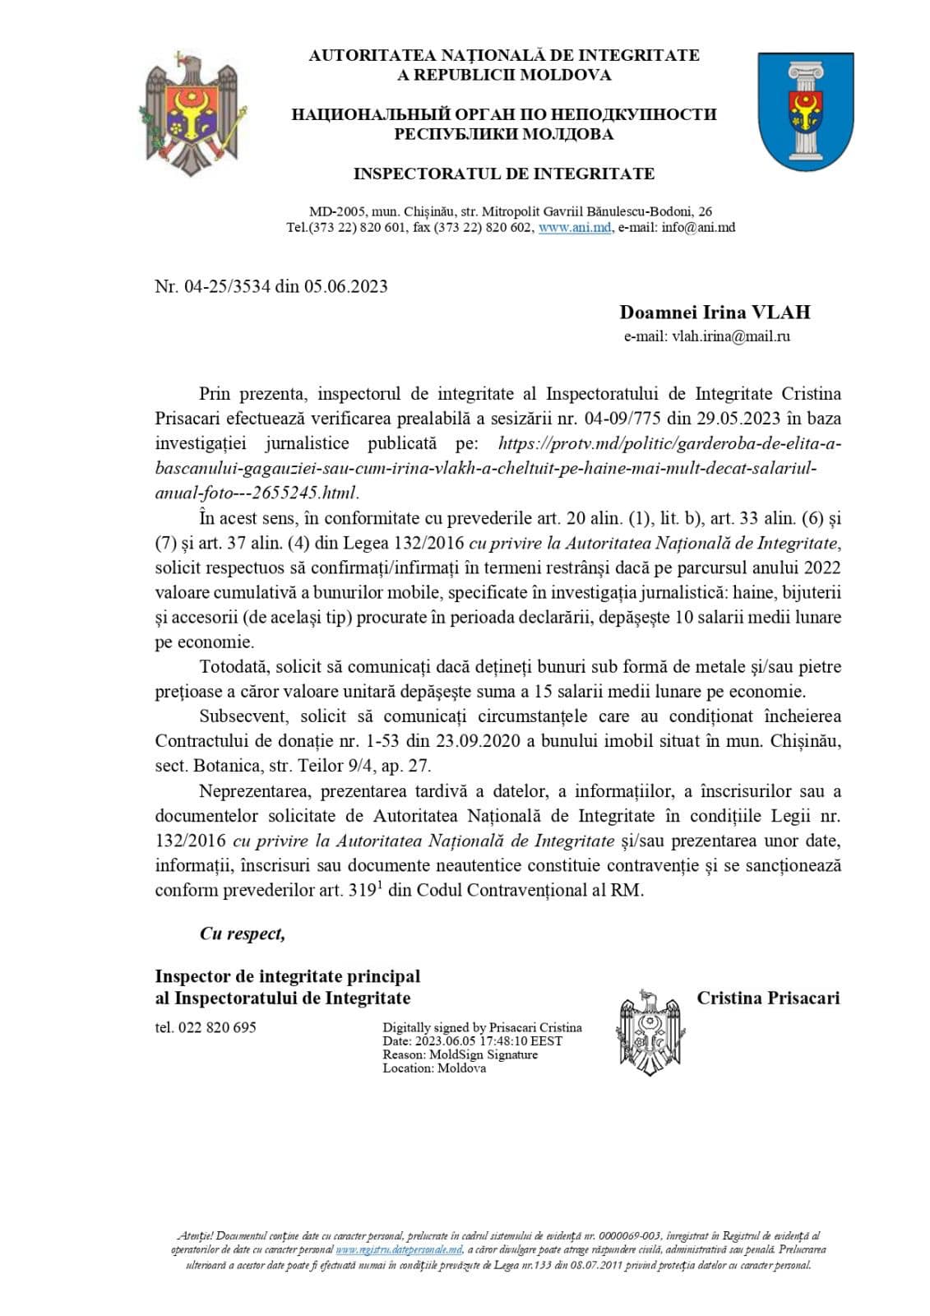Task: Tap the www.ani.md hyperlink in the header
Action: (x=575, y=228)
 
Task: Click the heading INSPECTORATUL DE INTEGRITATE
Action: (x=503, y=174)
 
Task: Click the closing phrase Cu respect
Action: (x=242, y=934)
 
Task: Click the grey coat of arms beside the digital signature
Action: (x=651, y=1032)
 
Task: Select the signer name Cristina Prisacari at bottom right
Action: (x=768, y=999)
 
